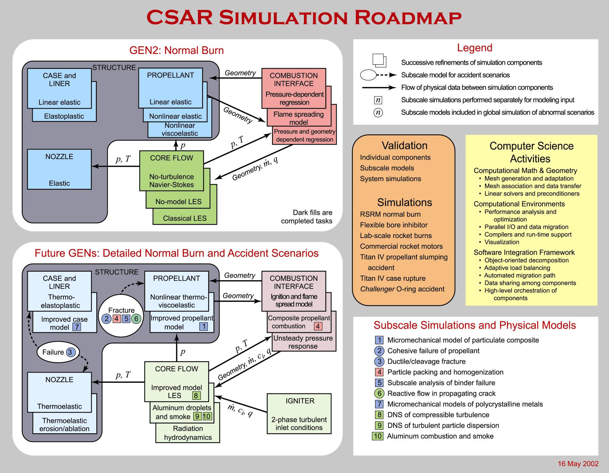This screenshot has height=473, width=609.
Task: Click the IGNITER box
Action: click(299, 413)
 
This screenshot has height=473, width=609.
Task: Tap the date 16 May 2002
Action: click(578, 464)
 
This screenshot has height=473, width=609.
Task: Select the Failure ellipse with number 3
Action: click(58, 352)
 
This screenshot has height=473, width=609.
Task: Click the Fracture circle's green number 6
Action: click(136, 318)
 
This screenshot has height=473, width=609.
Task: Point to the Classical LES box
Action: click(185, 218)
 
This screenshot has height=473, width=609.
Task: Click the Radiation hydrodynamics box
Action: click(188, 433)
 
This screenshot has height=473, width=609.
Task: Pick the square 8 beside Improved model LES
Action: click(196, 396)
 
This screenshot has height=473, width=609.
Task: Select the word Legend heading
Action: click(475, 48)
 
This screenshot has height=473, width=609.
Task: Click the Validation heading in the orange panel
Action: click(404, 145)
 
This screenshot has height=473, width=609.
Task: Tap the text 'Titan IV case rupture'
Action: click(392, 278)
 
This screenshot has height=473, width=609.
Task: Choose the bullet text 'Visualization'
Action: click(502, 242)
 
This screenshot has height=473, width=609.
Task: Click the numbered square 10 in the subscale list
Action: click(377, 436)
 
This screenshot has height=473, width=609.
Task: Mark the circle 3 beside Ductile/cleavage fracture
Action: click(379, 361)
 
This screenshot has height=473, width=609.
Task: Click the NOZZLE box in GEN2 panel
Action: click(59, 169)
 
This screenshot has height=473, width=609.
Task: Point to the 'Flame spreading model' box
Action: click(299, 118)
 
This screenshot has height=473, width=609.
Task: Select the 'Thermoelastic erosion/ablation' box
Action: click(65, 425)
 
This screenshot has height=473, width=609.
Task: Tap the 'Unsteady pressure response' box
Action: click(303, 342)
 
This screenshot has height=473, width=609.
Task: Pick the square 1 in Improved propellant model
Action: click(203, 327)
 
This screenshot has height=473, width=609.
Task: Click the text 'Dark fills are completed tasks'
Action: click(306, 217)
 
